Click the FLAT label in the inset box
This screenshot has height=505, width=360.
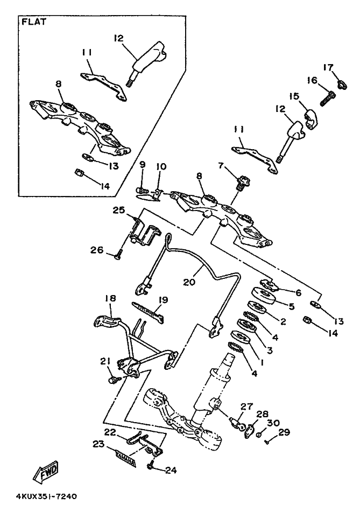[34, 22]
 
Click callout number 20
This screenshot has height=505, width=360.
[189, 282]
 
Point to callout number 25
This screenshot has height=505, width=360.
[118, 211]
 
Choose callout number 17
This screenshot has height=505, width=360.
[328, 67]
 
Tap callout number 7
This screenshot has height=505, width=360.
[221, 165]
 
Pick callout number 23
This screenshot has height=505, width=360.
[98, 444]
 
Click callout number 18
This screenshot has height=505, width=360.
[110, 298]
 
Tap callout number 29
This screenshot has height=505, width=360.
[285, 432]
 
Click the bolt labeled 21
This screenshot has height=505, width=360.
[114, 380]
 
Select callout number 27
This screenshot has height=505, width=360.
[246, 406]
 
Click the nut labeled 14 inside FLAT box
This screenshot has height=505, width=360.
[79, 173]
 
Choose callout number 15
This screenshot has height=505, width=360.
[293, 96]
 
